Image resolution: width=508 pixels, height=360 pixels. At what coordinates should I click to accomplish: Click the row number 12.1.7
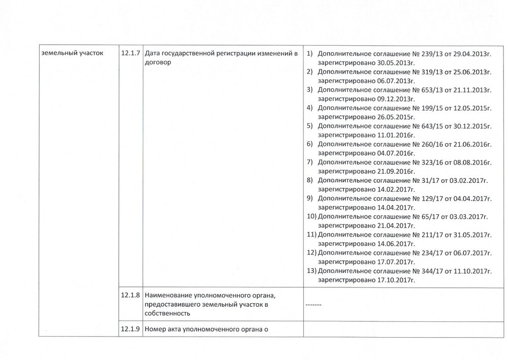tap(131, 53)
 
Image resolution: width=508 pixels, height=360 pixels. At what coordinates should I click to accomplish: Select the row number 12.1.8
tap(131, 295)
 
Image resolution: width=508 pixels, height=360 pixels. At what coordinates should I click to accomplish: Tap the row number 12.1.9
tap(131, 329)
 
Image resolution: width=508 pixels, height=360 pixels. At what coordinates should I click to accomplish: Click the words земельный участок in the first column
tap(71, 53)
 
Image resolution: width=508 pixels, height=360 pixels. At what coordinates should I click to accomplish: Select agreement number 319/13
tap(432, 72)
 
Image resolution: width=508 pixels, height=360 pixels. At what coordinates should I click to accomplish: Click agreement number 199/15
tap(432, 108)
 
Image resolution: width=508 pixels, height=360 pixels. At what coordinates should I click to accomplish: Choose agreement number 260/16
tap(432, 144)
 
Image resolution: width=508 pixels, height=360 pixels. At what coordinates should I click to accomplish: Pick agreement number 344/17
tap(432, 271)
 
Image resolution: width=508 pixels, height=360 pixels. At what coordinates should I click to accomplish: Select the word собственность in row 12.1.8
tap(167, 314)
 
